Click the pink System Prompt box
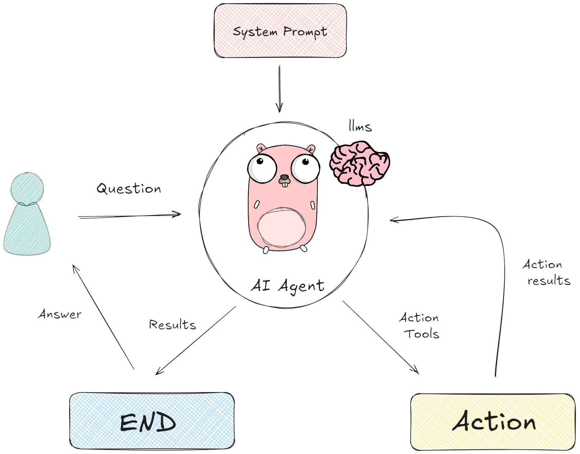(x=280, y=31)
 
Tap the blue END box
(x=152, y=421)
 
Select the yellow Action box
(x=493, y=422)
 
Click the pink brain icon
(x=360, y=164)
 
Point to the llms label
(x=360, y=126)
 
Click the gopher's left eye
(x=262, y=168)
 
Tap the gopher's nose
(x=285, y=178)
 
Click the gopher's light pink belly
(x=281, y=227)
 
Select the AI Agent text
(x=287, y=286)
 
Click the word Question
(x=129, y=188)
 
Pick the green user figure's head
(x=27, y=188)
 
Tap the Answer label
(x=60, y=314)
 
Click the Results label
(x=173, y=325)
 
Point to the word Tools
(x=421, y=334)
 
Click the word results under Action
(x=549, y=281)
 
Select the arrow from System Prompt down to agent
(x=280, y=88)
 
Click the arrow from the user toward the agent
(x=130, y=216)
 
